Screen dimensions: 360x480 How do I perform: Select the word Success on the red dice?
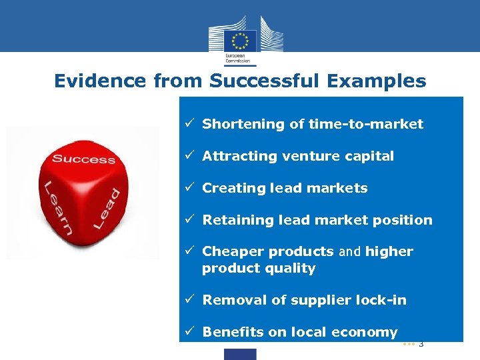point(83,159)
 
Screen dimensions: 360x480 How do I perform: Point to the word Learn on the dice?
point(57,207)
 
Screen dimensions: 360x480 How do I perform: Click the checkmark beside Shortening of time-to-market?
point(190,124)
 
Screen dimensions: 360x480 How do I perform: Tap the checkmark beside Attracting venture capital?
point(190,156)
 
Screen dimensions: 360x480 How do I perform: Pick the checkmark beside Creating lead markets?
point(190,188)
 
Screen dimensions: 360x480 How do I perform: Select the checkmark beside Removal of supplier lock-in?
point(190,300)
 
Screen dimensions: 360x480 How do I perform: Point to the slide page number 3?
point(421,344)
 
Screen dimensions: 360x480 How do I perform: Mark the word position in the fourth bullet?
point(401,220)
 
